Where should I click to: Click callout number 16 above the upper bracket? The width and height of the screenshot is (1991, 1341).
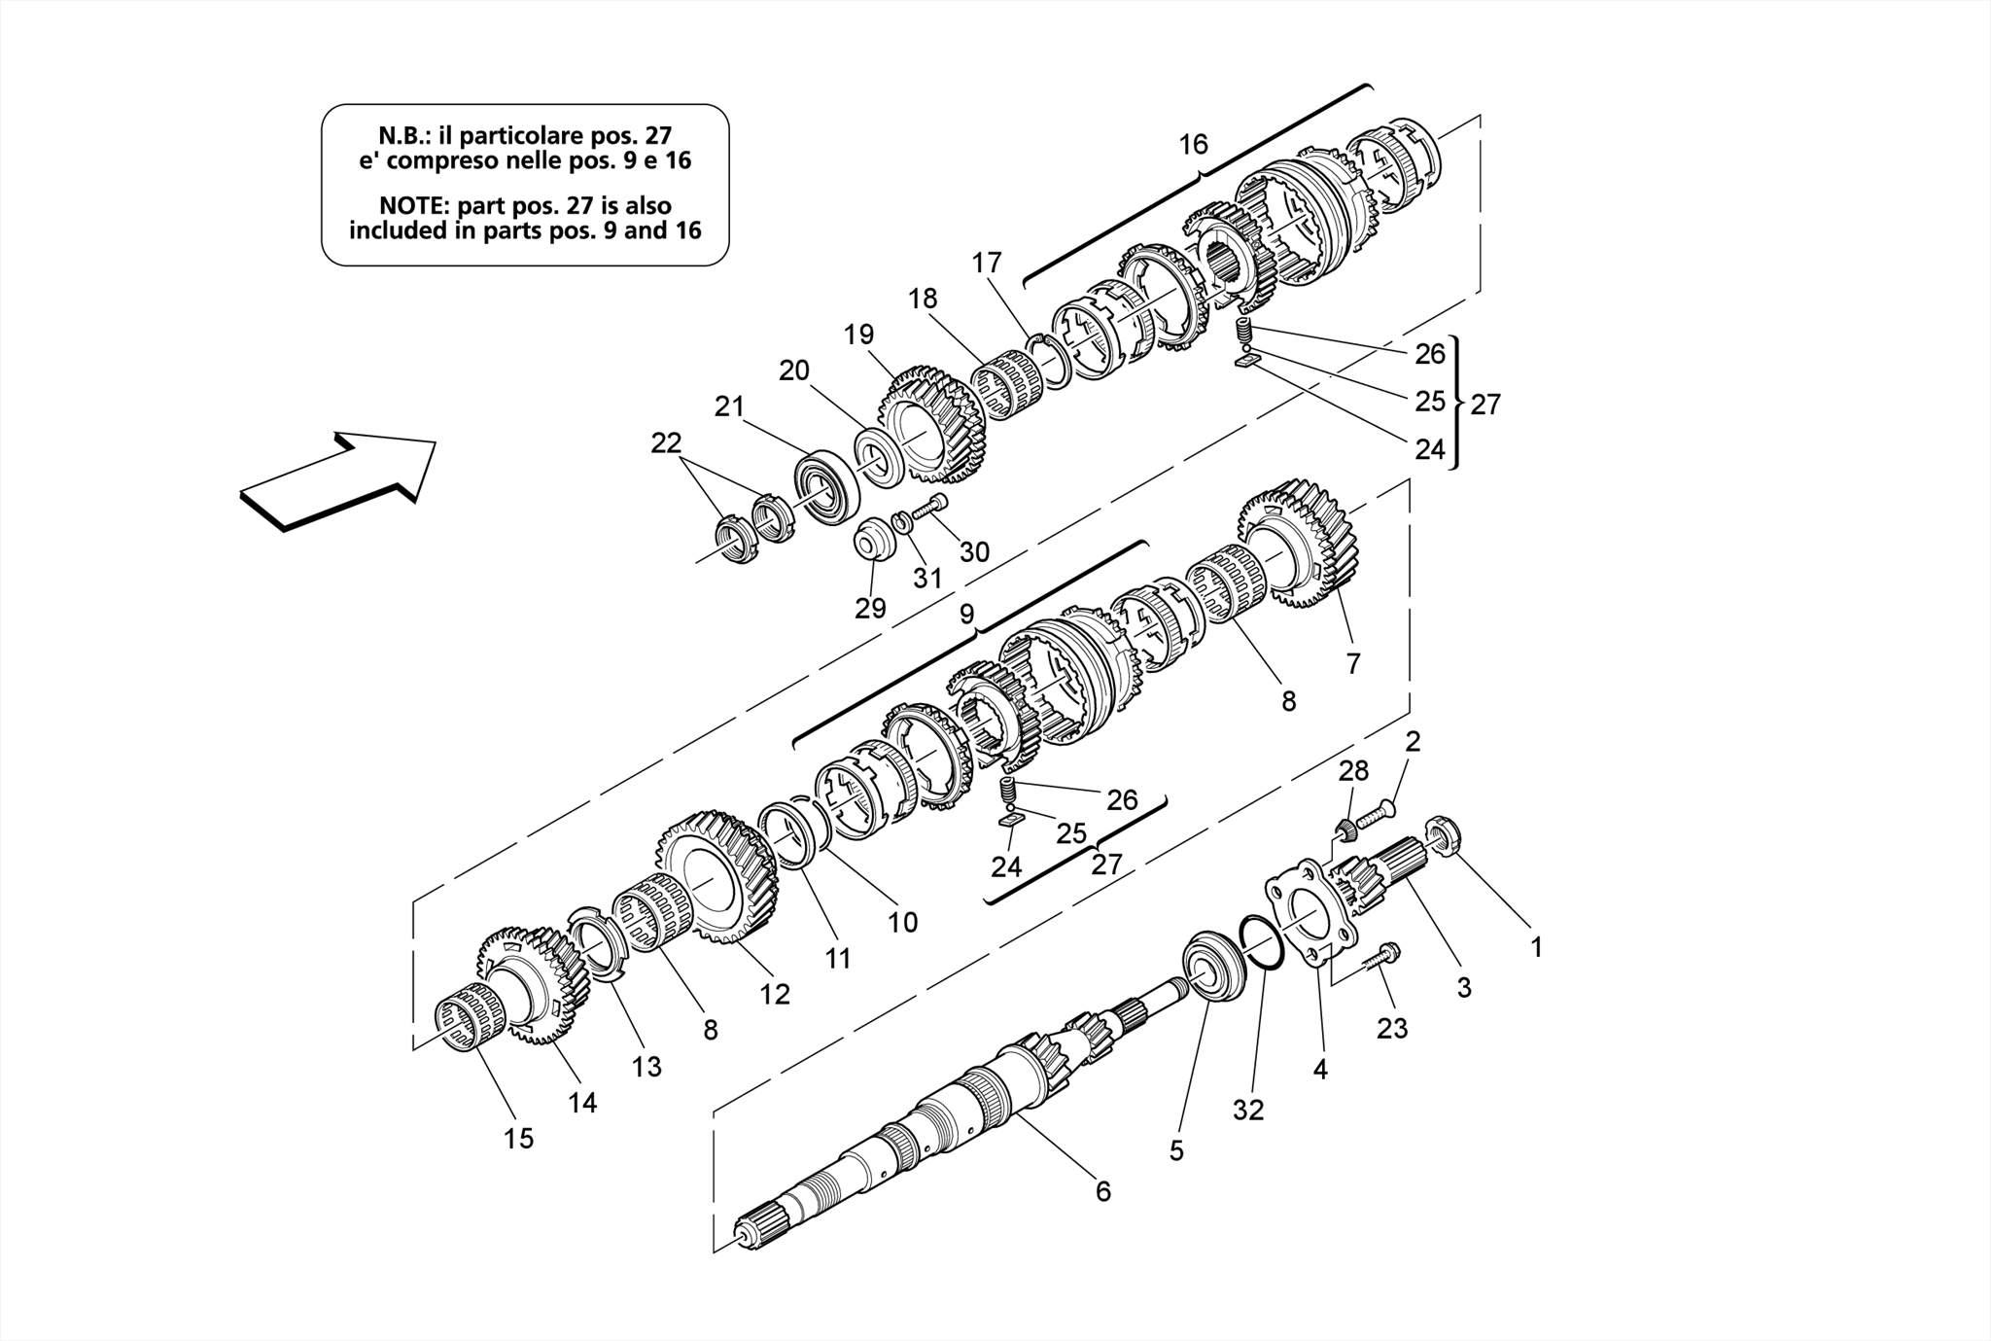pos(1193,145)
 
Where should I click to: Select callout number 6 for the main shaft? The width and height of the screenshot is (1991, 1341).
pos(1102,1191)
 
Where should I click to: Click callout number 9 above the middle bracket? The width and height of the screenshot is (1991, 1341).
pos(966,615)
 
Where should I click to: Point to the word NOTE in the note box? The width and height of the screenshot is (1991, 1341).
pos(415,206)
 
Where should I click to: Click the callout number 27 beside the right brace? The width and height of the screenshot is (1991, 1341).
pos(1485,404)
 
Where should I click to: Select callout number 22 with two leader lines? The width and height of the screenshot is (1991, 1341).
pos(666,443)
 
